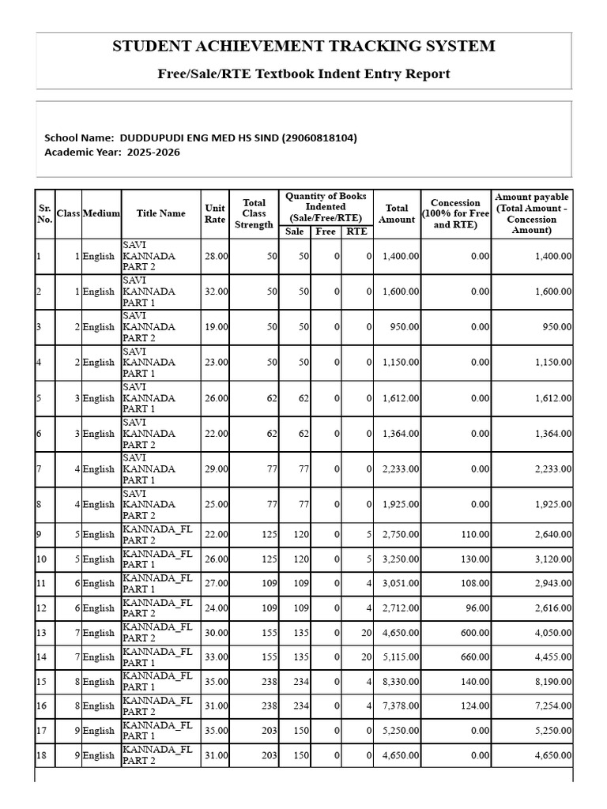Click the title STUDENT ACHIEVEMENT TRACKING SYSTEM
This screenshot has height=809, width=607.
click(303, 46)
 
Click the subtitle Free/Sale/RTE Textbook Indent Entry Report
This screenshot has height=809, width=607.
click(303, 74)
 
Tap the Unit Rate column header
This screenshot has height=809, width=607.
click(215, 213)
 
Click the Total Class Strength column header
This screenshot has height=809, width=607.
click(254, 213)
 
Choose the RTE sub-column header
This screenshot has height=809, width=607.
click(356, 231)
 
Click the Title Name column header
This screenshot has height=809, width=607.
click(160, 213)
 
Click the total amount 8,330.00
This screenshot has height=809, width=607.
click(401, 681)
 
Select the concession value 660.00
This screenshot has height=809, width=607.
click(475, 657)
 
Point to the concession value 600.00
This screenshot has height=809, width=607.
click(475, 632)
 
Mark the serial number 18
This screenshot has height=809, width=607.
click(42, 754)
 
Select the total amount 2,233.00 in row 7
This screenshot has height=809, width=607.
click(401, 468)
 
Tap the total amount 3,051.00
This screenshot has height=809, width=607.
click(401, 583)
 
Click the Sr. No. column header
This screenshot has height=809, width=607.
click(44, 213)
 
